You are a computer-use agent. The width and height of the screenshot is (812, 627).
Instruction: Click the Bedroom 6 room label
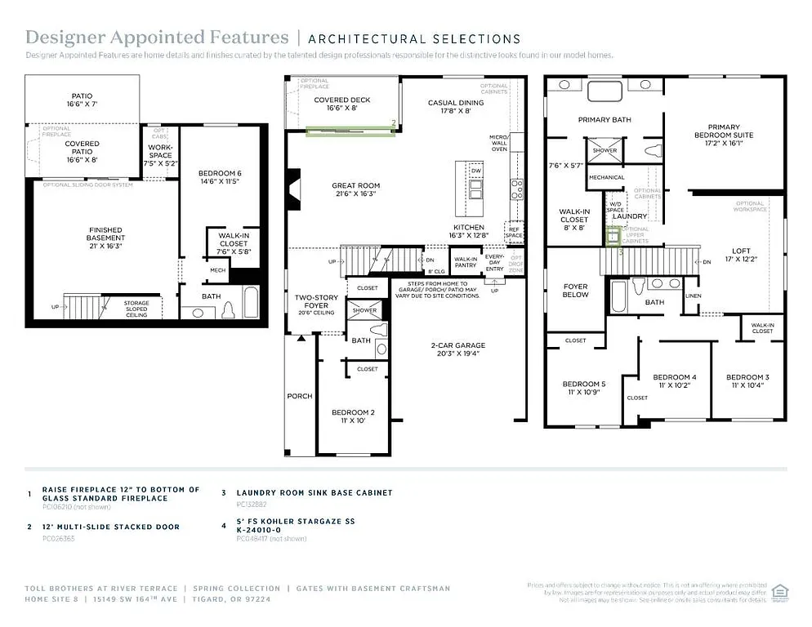pyautogui.click(x=220, y=177)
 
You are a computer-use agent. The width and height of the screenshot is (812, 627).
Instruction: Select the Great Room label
pyautogui.click(x=355, y=190)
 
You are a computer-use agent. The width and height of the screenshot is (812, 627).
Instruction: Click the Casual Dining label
pyautogui.click(x=456, y=106)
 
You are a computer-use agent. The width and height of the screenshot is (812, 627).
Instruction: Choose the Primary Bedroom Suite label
pyautogui.click(x=724, y=136)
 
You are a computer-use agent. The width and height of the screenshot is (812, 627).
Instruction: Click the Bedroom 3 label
pyautogui.click(x=747, y=381)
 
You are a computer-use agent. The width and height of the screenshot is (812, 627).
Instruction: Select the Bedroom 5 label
pyautogui.click(x=584, y=388)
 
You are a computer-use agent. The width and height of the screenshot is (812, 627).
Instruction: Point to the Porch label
pyautogui.click(x=299, y=396)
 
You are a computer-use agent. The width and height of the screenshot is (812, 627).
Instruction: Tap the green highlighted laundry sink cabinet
pyautogui.click(x=612, y=237)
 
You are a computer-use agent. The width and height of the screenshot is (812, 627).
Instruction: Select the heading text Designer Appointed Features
pyautogui.click(x=157, y=38)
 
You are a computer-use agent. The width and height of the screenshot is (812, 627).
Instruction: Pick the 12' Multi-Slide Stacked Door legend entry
pyautogui.click(x=110, y=527)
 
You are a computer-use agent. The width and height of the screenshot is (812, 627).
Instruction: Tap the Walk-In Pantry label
pyautogui.click(x=465, y=261)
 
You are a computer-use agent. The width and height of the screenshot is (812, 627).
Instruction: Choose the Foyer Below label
pyautogui.click(x=576, y=291)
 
